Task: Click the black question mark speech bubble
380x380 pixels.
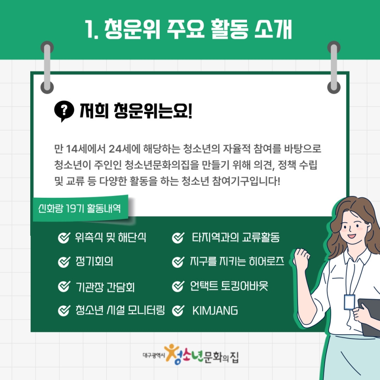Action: [64, 111]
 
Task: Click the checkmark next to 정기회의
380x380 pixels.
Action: [64, 262]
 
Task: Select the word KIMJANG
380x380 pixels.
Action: [215, 310]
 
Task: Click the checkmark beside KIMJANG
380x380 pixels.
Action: [178, 310]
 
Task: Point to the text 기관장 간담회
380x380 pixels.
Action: [105, 287]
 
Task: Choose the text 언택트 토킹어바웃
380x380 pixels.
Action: [229, 286]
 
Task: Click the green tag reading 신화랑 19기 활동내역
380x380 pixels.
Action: [80, 209]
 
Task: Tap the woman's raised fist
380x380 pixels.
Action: [302, 257]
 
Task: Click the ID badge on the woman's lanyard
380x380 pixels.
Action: [349, 302]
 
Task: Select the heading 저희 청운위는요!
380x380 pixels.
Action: [136, 111]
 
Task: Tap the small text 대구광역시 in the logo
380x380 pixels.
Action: [154, 355]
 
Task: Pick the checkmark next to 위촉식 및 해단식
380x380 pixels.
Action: [64, 238]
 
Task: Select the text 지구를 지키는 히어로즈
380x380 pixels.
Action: [237, 262]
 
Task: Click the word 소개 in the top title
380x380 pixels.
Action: [273, 29]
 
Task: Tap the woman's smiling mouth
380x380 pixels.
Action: [351, 236]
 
